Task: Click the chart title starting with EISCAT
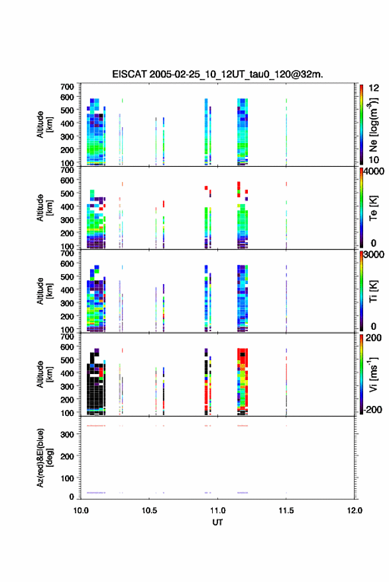(218, 75)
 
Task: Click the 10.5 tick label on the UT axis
(149, 510)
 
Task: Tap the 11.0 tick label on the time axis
(217, 510)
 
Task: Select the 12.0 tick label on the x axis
(355, 510)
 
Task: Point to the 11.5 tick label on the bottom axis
(286, 510)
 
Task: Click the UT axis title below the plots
(217, 522)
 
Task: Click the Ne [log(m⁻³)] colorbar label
(373, 125)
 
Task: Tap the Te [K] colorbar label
(373, 208)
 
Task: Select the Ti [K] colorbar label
(373, 291)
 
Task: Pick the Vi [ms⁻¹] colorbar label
(373, 375)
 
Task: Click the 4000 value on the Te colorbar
(374, 171)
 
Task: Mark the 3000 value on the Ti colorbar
(374, 255)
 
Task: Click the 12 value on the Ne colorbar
(374, 88)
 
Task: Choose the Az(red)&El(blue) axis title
(44, 458)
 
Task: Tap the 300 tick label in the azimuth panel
(67, 434)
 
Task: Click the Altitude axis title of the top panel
(44, 124)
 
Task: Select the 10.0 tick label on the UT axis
(81, 510)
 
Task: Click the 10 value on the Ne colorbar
(374, 160)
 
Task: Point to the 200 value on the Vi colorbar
(373, 338)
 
